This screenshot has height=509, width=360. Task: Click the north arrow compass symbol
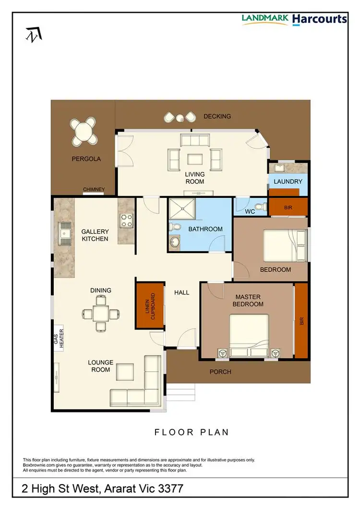(34, 34)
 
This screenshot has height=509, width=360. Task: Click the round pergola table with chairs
(84, 131)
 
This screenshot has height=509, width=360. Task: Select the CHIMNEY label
(94, 190)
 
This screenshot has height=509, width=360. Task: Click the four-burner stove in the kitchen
(126, 220)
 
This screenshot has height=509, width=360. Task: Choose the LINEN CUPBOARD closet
(150, 306)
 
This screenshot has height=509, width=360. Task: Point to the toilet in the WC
(259, 207)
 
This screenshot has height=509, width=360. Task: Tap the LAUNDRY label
(288, 182)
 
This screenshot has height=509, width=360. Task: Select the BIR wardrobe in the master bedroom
(301, 321)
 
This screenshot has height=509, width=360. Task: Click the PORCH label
(220, 372)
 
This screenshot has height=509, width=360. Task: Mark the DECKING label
(217, 116)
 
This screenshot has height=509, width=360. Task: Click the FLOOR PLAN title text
(192, 432)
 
